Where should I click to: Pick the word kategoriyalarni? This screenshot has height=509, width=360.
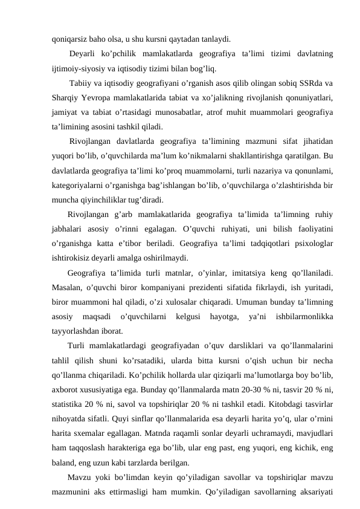coord(79,186)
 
